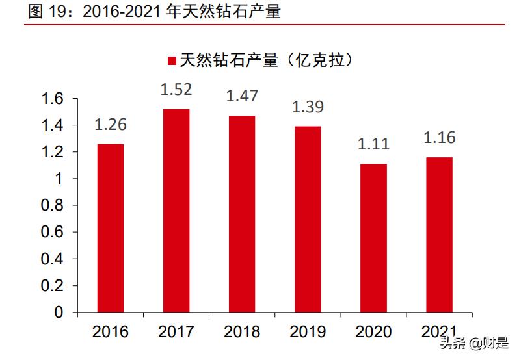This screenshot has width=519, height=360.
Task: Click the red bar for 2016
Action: click(x=110, y=228)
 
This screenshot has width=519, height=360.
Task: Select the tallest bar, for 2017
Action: click(x=176, y=211)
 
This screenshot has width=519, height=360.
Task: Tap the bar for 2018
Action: click(x=242, y=214)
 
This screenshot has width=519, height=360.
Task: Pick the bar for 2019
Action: click(x=308, y=219)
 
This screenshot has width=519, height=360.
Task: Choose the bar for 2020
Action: click(x=373, y=238)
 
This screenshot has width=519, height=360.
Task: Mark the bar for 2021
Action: click(x=439, y=235)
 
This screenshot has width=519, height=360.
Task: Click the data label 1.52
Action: click(x=176, y=89)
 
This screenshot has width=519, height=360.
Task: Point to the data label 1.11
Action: click(x=373, y=144)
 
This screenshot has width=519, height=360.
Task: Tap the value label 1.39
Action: click(x=308, y=107)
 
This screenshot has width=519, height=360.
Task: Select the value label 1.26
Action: click(x=110, y=124)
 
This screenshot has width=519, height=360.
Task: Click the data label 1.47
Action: click(x=242, y=96)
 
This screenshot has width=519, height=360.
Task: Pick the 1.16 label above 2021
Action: click(x=439, y=138)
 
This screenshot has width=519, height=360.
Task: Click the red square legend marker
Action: click(x=172, y=61)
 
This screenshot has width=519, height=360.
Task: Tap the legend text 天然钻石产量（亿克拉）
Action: click(x=269, y=60)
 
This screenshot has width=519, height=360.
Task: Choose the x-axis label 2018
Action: click(x=242, y=332)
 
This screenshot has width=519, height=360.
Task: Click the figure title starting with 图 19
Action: click(x=153, y=11)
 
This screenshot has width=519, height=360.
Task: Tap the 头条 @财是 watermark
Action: click(x=475, y=343)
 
